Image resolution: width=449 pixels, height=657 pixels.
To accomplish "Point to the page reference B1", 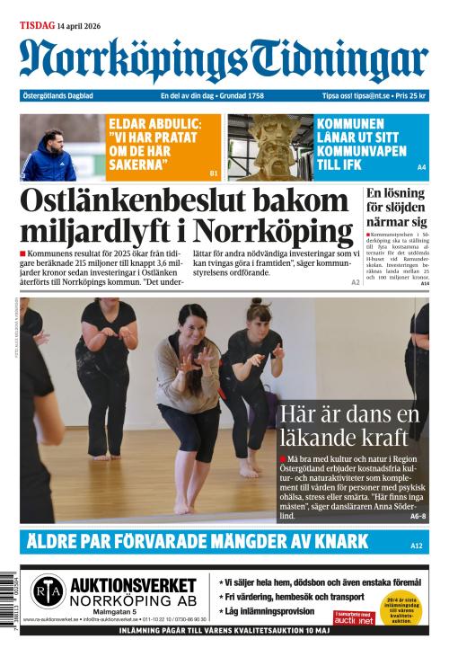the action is click(x=214, y=173).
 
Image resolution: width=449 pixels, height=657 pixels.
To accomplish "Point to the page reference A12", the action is click(x=417, y=546).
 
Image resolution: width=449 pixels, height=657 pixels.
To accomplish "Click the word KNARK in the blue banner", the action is click(x=336, y=541).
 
